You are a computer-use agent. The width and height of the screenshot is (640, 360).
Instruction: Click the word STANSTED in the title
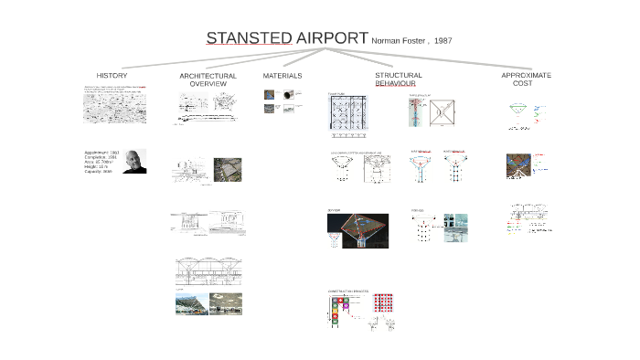pos(249,38)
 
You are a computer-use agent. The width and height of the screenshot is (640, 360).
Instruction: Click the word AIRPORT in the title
pos(331,38)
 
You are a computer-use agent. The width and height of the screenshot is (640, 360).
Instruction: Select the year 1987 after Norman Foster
pos(443,41)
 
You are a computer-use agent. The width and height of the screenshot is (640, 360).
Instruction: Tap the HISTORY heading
pos(112,76)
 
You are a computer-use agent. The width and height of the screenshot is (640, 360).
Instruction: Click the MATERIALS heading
pos(283,76)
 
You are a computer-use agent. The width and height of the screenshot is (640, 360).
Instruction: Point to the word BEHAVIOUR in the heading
pos(395,83)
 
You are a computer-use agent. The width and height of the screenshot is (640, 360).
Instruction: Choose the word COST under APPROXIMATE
pos(522,83)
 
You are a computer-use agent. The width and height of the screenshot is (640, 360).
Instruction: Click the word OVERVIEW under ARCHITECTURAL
pos(208,84)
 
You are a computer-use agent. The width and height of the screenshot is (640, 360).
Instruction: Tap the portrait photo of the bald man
pos(134,161)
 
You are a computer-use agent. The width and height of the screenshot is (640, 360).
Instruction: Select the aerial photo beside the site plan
pos(228,170)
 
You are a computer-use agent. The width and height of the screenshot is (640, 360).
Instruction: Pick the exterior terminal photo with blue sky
pos(190,303)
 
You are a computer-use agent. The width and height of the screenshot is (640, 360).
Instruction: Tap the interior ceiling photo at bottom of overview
pos(226,303)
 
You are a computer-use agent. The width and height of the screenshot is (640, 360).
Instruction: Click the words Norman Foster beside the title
pos(399,41)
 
